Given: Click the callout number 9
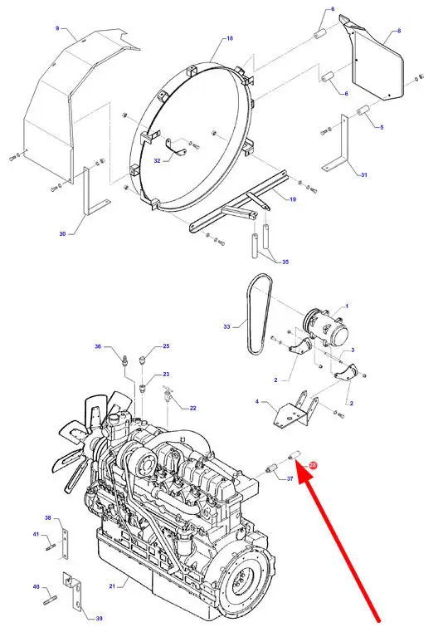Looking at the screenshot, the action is pos(57,28).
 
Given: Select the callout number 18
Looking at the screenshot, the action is pos(230,38).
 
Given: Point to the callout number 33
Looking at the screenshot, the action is pos(226,326).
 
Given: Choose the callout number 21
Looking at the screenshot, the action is pos(112,586).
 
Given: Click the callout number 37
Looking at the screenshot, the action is pos(290,478).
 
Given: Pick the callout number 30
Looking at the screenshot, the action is pos(62,233).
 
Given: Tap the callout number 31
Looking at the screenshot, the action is pos(364,174).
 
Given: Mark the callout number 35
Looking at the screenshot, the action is pos(285,262).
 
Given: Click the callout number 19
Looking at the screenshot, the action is pos(293,199).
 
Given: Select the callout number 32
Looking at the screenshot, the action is pos(157,160).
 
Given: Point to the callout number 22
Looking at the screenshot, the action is pos(192,408).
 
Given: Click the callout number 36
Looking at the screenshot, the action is pos(98,346).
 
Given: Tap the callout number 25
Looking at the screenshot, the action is pos(167,346).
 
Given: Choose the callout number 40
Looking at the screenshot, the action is pos(37,586).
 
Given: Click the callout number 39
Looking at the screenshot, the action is pos(99,618).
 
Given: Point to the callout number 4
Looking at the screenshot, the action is pos(257,402).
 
